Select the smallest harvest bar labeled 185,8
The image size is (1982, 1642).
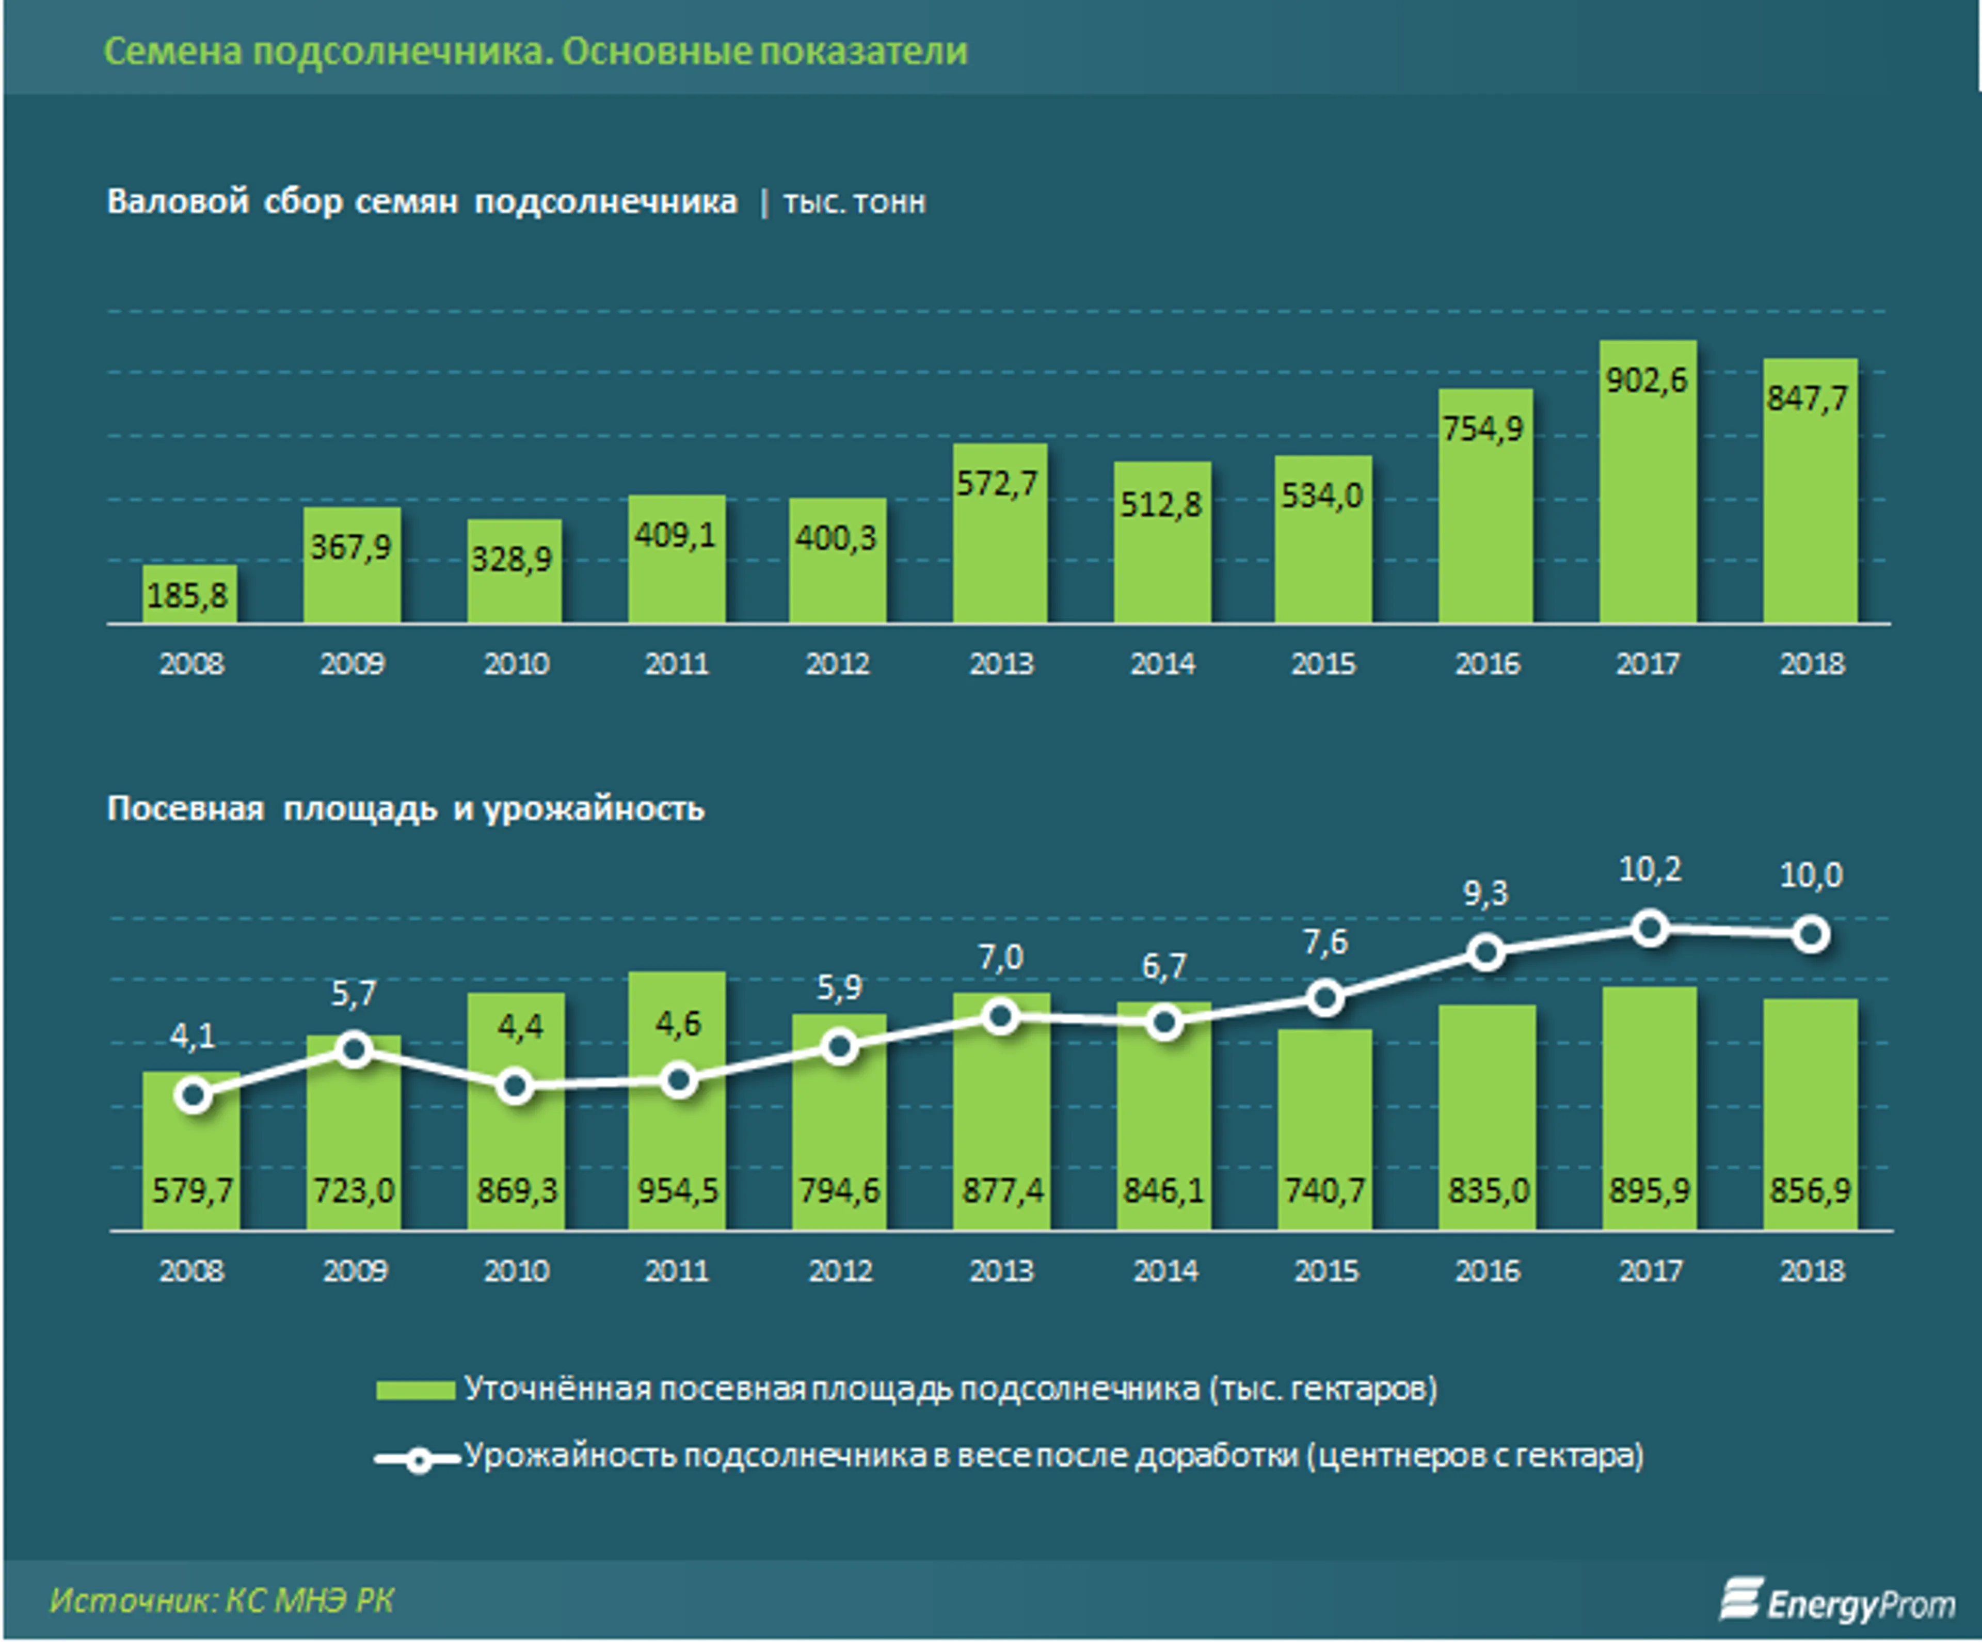190,595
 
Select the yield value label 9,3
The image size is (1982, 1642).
1485,892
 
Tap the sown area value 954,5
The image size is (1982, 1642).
677,1190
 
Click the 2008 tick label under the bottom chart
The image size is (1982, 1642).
191,1270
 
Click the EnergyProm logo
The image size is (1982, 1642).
1836,1601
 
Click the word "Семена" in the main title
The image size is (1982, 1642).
173,51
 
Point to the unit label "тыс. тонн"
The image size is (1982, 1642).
854,203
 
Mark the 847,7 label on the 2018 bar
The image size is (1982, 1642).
1807,398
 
